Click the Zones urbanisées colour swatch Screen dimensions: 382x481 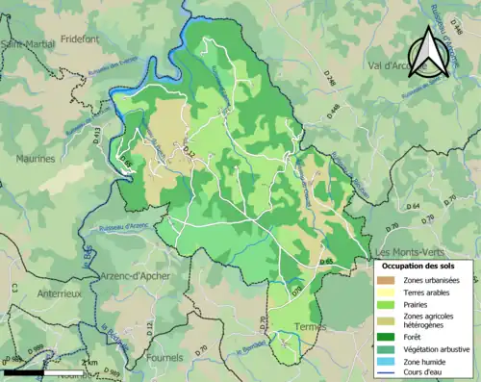tap(390, 280)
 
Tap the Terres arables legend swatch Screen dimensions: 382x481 tap(390, 292)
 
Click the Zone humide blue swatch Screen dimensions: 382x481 tap(390, 360)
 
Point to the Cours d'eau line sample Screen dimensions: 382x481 tap(390, 371)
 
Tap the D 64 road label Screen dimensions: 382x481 tap(413, 207)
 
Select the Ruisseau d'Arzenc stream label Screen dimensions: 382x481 tap(122, 227)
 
